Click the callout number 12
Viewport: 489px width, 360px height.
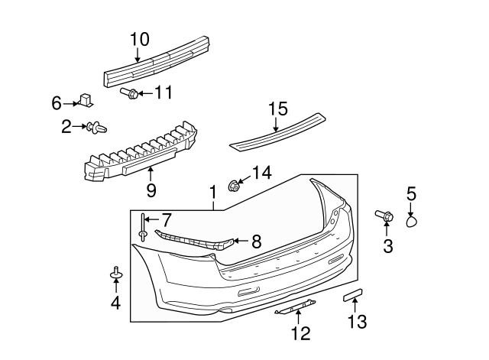[x=300, y=332]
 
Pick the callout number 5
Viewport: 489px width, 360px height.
[x=411, y=195]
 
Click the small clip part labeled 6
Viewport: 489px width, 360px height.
[x=86, y=99]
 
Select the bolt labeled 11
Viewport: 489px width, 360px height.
[x=131, y=94]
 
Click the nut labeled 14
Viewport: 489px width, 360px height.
[x=236, y=185]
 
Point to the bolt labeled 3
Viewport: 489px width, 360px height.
[x=384, y=217]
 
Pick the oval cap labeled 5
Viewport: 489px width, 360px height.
[x=411, y=222]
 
